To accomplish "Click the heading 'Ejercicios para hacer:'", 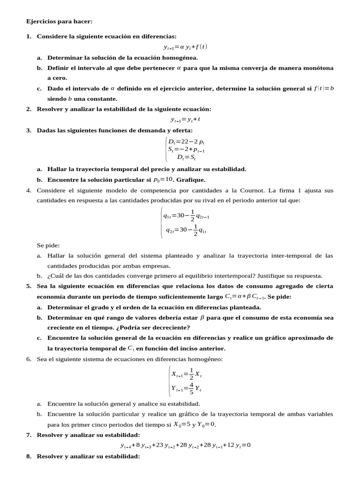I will [x=59, y=22].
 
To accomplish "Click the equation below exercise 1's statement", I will [x=185, y=47].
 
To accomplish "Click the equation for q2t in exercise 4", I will [x=186, y=230].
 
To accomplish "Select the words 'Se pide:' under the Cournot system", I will [x=48, y=245].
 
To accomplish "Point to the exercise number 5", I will [x=29, y=286].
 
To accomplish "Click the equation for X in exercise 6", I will [x=186, y=374].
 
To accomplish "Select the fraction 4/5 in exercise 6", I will [x=191, y=388].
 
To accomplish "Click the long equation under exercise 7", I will [x=185, y=445].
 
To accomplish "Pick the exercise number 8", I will [x=29, y=456].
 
